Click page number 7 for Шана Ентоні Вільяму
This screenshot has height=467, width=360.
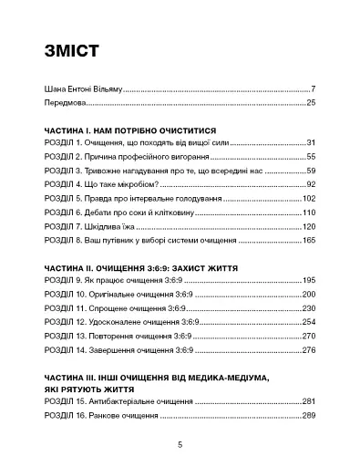pos(313,89)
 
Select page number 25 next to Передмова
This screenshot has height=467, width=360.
pos(310,104)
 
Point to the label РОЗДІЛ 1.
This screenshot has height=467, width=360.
pos(65,144)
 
